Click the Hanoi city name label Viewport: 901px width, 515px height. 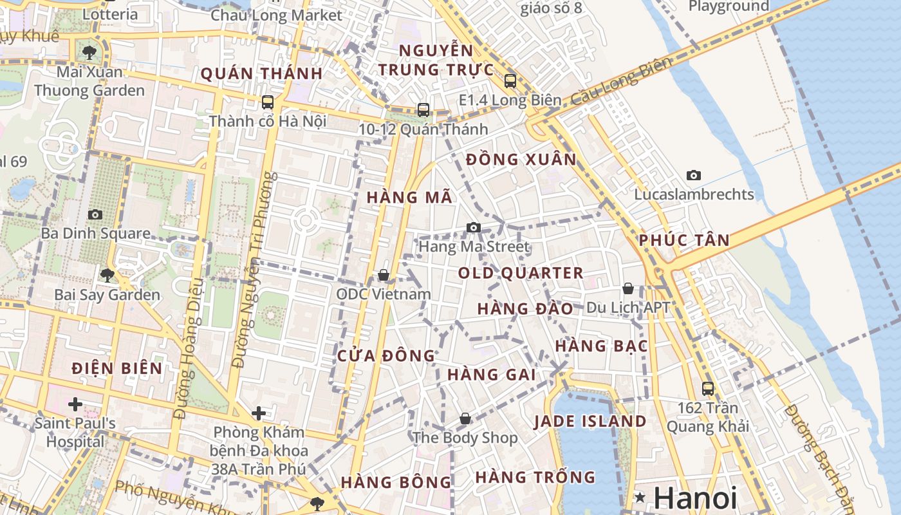click(x=695, y=498)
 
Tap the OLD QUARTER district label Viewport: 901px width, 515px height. click(x=521, y=273)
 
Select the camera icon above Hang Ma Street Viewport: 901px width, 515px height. click(x=473, y=227)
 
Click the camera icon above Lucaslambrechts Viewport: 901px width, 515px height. click(x=693, y=175)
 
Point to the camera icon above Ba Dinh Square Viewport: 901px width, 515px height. click(x=95, y=214)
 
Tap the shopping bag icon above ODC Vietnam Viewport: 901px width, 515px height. click(x=384, y=275)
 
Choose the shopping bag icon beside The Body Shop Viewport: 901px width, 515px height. click(x=465, y=419)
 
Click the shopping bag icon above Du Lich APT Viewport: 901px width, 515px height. click(x=627, y=288)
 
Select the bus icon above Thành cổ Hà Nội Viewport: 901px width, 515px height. click(x=268, y=102)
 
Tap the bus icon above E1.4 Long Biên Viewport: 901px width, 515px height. click(x=510, y=81)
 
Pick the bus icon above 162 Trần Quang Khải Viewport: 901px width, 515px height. click(x=707, y=388)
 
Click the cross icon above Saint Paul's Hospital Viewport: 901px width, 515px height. click(x=75, y=404)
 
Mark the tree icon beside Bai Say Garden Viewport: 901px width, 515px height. click(x=107, y=276)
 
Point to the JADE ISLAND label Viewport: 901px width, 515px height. click(x=590, y=422)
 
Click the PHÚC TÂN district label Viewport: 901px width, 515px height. click(x=684, y=241)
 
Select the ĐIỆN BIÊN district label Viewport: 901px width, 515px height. click(x=117, y=368)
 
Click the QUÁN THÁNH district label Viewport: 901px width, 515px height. click(x=261, y=73)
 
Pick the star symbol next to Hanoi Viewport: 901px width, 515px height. click(x=640, y=497)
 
